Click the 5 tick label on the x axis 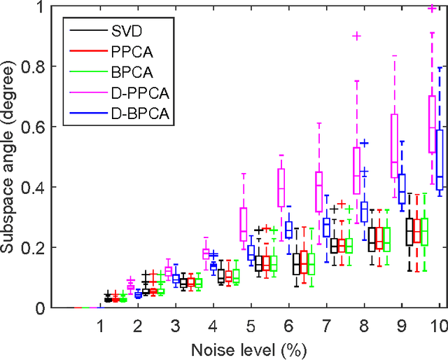pyautogui.click(x=251, y=326)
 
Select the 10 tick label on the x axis pyautogui.click(x=439, y=326)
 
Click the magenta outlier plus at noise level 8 pyautogui.click(x=356, y=36)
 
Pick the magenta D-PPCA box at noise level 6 pyautogui.click(x=281, y=188)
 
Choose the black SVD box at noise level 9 pyautogui.click(x=409, y=232)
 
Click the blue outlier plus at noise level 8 pyautogui.click(x=364, y=143)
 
